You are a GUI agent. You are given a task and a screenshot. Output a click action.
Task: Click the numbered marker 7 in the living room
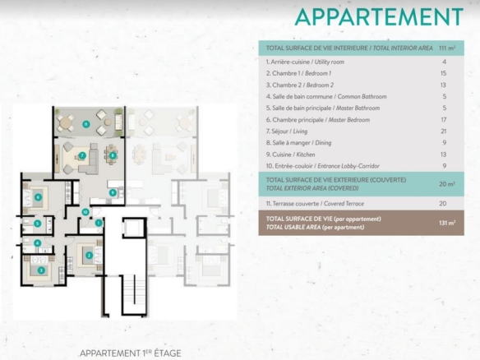[82, 155]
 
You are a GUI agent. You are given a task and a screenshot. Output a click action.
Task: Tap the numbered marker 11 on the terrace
[86, 124]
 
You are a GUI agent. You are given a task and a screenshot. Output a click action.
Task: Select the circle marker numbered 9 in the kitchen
[113, 192]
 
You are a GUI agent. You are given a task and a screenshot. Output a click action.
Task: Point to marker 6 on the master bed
[38, 197]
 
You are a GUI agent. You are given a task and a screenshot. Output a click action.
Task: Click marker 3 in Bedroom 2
[41, 270]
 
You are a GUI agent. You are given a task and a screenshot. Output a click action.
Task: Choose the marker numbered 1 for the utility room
[99, 223]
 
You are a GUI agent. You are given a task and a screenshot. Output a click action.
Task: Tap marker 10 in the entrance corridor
[85, 212]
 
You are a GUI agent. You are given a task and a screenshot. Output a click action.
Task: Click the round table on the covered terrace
[65, 123]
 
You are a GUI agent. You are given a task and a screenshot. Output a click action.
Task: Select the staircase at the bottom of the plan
[135, 295]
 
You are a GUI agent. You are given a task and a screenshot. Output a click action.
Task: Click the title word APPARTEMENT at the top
[379, 17]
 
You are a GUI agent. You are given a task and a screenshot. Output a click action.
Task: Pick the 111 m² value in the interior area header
[447, 48]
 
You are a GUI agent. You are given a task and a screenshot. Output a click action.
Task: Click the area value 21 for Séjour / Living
[444, 132]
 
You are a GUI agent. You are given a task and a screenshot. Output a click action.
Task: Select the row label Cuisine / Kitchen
[290, 155]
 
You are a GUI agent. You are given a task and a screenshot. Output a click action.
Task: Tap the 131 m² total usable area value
[447, 223]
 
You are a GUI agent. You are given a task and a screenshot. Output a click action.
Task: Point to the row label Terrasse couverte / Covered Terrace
[315, 204]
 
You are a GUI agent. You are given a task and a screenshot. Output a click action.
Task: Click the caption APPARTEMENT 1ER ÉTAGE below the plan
[131, 353]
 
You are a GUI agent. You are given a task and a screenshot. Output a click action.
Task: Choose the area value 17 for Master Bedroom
[444, 120]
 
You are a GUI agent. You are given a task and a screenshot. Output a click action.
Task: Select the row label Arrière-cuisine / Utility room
[305, 62]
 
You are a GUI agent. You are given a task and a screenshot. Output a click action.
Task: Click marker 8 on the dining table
[113, 155]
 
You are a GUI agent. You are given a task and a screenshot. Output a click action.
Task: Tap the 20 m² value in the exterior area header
[447, 184]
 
